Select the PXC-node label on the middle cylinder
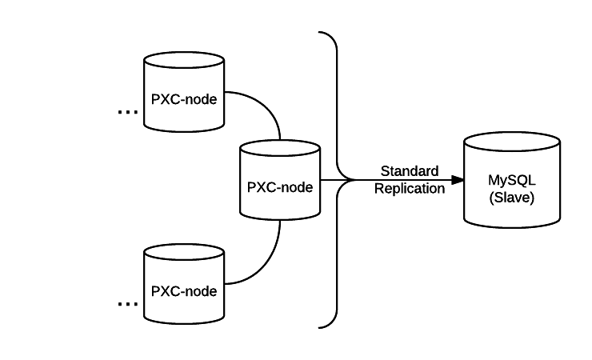click(x=280, y=188)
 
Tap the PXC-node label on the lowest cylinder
click(x=184, y=291)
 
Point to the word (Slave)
click(x=512, y=197)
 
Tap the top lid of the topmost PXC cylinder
click(x=184, y=61)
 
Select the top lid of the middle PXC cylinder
click(x=280, y=149)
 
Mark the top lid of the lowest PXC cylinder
click(x=184, y=253)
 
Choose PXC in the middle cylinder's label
click(x=261, y=188)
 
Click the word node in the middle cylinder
click(x=297, y=188)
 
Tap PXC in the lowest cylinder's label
click(x=165, y=291)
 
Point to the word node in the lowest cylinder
click(x=201, y=291)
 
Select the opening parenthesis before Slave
click(x=491, y=197)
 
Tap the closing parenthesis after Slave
click(x=533, y=197)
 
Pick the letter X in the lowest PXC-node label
click(x=164, y=291)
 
